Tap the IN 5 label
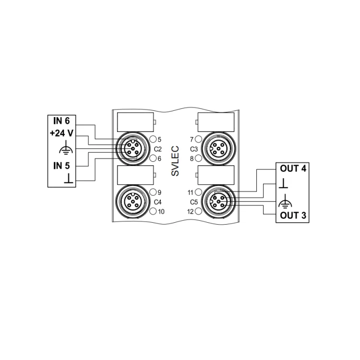(x=61, y=166)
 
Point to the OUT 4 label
(x=293, y=168)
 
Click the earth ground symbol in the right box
(x=284, y=199)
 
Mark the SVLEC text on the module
(x=175, y=161)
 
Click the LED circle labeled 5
(x=153, y=140)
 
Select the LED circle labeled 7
(x=197, y=140)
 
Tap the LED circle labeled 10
(x=153, y=211)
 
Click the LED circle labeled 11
(x=197, y=192)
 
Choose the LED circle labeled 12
(x=197, y=211)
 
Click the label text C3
(x=194, y=149)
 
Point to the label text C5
(x=194, y=202)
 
